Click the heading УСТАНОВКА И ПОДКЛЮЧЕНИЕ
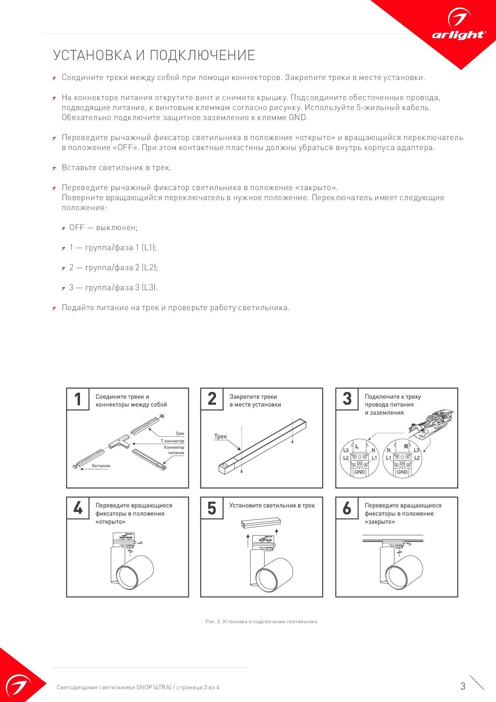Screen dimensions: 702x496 (x=154, y=55)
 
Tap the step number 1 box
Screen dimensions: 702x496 (x=78, y=399)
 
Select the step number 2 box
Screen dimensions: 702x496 (x=212, y=399)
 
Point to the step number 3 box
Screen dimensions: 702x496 (x=347, y=399)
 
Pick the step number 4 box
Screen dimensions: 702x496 (x=78, y=508)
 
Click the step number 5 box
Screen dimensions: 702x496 (x=212, y=508)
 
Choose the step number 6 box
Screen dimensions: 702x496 (x=347, y=508)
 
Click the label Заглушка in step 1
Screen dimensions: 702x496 (x=100, y=466)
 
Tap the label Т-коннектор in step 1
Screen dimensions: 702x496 (x=172, y=441)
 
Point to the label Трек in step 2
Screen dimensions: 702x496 (x=220, y=437)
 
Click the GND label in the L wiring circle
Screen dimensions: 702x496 (x=360, y=472)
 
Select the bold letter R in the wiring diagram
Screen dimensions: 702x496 (x=406, y=446)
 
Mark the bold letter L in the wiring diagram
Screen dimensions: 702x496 (x=357, y=446)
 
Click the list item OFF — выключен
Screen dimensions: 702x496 (x=103, y=228)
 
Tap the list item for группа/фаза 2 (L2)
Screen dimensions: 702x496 (x=113, y=268)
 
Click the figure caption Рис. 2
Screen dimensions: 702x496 (x=261, y=622)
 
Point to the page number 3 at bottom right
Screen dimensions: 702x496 (x=463, y=686)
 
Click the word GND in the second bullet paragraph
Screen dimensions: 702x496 (x=298, y=118)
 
